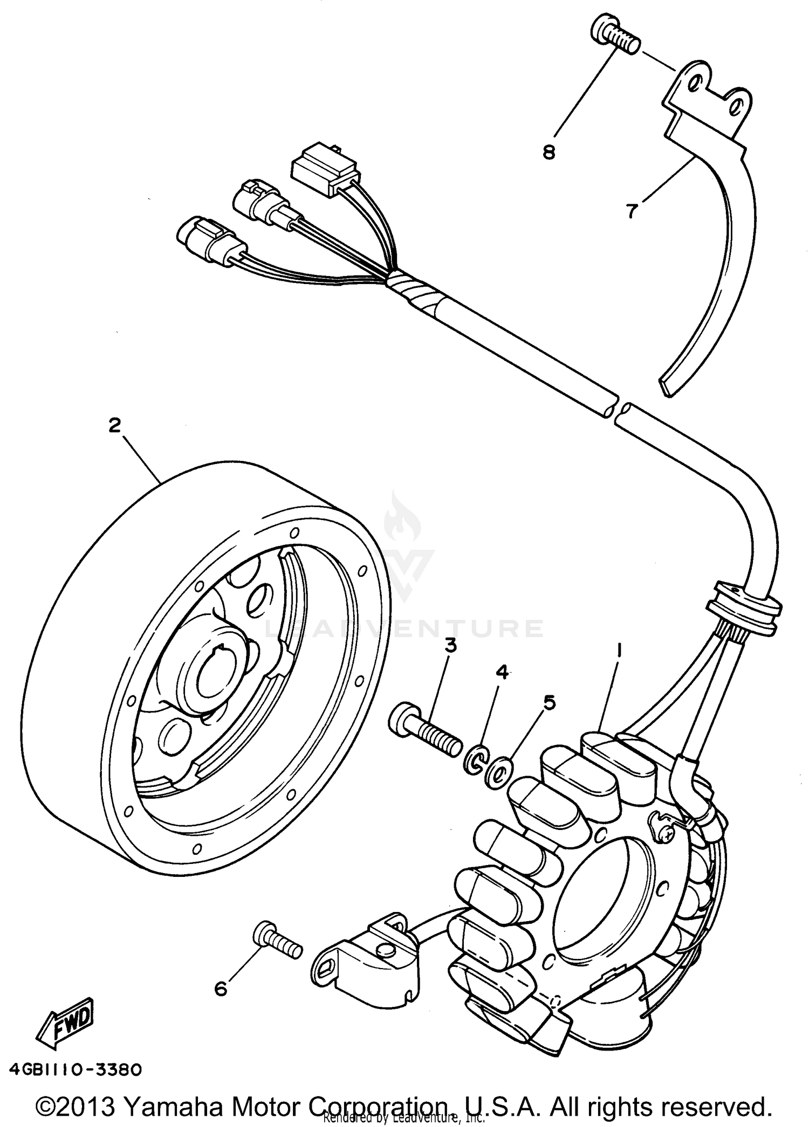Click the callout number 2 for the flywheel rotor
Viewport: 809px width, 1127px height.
coord(114,426)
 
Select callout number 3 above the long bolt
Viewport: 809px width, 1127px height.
coord(450,645)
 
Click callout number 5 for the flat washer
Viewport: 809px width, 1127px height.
coord(549,702)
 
